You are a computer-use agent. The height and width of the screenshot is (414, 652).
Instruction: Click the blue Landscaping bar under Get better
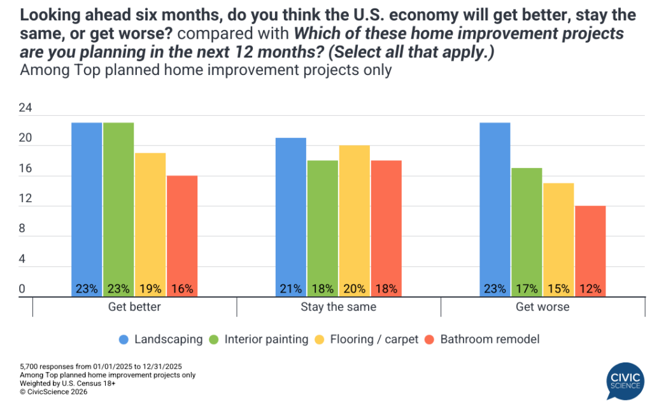(87, 204)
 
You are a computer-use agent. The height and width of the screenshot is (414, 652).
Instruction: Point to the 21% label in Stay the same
(290, 289)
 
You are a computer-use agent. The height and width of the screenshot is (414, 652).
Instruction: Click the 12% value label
(590, 289)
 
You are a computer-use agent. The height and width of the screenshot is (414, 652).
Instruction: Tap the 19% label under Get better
(150, 289)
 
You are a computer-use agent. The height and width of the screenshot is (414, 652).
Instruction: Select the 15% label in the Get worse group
(558, 289)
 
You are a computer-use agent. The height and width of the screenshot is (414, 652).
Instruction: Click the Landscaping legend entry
(162, 339)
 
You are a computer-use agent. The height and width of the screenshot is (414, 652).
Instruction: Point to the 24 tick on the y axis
(25, 109)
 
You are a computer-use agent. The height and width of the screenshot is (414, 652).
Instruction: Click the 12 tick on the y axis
(25, 199)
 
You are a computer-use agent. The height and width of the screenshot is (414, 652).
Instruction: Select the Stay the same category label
(338, 307)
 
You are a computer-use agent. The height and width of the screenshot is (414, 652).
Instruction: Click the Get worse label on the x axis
(542, 307)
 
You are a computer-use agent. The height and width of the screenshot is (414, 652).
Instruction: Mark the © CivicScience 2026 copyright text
(53, 392)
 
